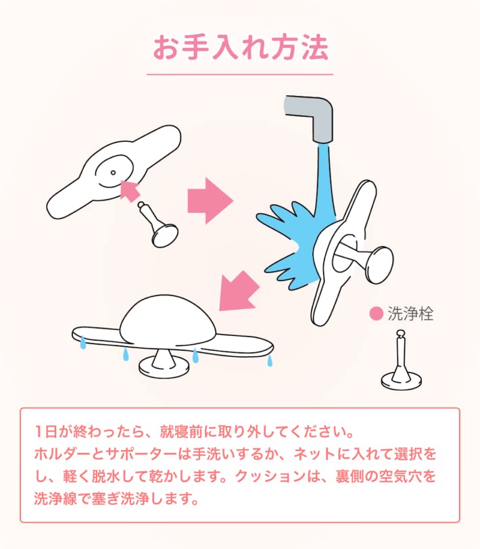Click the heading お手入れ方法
pos(240,48)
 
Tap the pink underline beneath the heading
pos(240,74)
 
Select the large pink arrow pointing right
pos(210,201)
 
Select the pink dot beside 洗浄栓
pos(376,314)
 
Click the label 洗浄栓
pos(410,314)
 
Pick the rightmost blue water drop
pos(270,360)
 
